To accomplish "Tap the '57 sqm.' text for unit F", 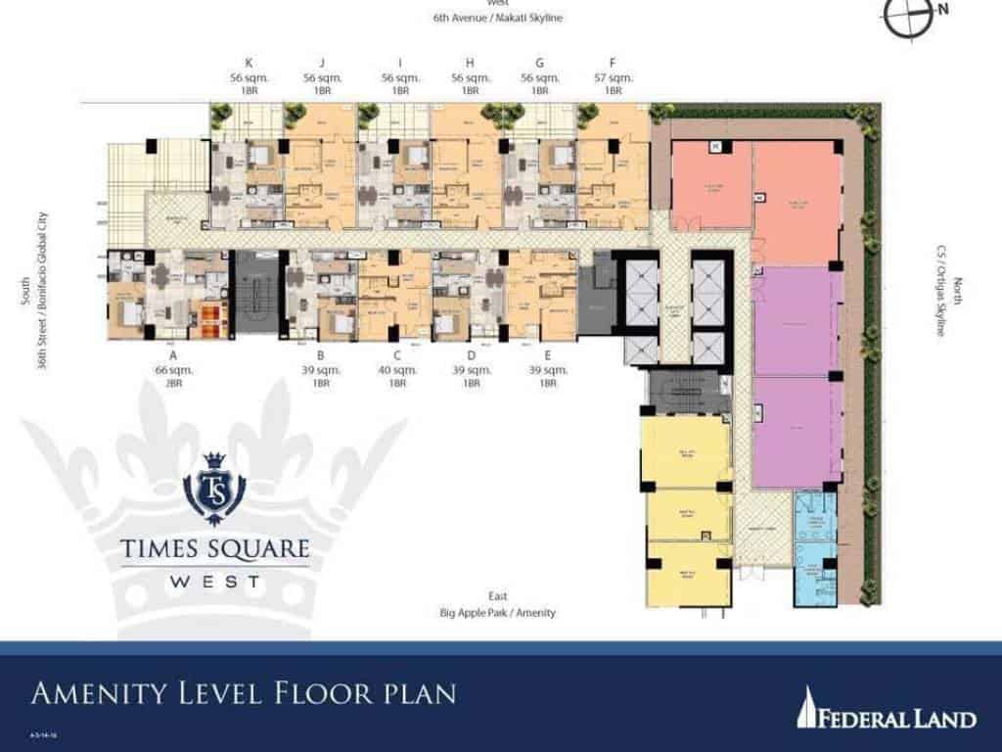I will [613, 76].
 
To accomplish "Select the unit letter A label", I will [172, 357].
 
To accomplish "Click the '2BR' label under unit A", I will [172, 383].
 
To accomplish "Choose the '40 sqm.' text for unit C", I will [396, 370].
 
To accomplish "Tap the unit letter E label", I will [548, 357].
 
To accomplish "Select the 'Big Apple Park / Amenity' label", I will [498, 613].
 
